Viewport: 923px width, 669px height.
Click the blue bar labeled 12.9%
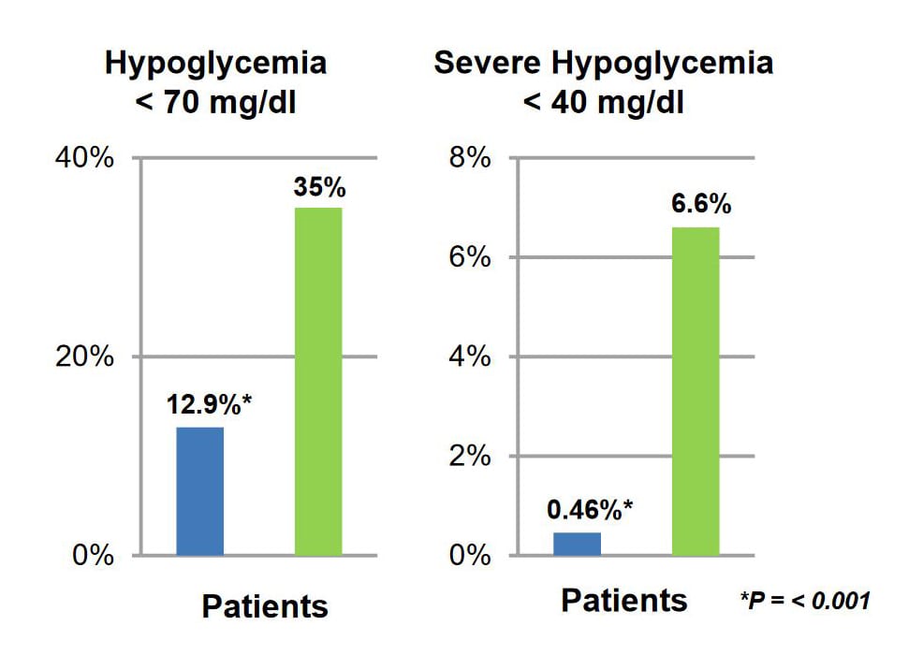(x=199, y=491)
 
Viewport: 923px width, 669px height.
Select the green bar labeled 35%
(x=318, y=382)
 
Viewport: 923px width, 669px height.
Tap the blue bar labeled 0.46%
(x=577, y=544)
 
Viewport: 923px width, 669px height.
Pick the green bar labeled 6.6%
(x=696, y=391)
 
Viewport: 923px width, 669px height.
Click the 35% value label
(x=319, y=187)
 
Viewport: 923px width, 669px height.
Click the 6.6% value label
(x=701, y=205)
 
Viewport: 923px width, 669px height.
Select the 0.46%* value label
(x=590, y=510)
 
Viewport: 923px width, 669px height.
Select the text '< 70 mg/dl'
(x=215, y=103)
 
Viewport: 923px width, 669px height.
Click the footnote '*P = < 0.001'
(x=804, y=600)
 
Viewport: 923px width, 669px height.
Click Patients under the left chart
(x=265, y=606)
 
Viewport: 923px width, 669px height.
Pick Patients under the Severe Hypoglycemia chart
(x=624, y=601)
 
